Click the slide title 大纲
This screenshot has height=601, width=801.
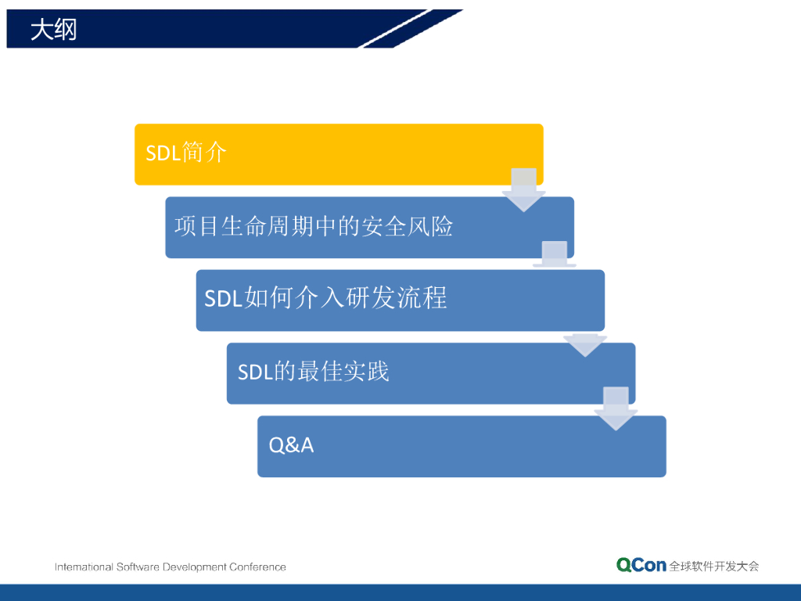(54, 29)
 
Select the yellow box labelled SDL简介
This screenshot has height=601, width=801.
(339, 154)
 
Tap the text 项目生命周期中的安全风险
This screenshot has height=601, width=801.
(314, 226)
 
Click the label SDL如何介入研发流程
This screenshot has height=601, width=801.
(326, 298)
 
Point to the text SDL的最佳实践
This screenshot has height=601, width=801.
(314, 372)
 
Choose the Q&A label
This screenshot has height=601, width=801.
(291, 445)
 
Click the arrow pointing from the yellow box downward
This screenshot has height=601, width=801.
(523, 189)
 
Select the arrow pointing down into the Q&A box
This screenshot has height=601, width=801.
(616, 408)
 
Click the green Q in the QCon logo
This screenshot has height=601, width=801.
(623, 565)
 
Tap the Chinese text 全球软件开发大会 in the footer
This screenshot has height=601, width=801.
(714, 567)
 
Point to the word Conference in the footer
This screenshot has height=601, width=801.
(257, 567)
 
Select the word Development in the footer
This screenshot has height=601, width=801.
(194, 567)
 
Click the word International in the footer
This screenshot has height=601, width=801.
(84, 567)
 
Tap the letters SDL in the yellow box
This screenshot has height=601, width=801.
(163, 153)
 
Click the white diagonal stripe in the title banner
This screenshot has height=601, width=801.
(396, 29)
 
